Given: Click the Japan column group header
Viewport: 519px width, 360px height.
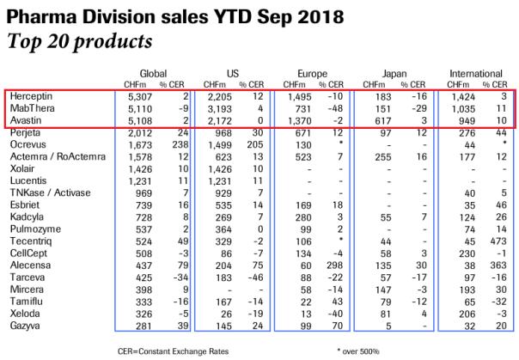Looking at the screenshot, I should pos(394,74).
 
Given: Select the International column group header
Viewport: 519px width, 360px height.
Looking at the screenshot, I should pos(477,74).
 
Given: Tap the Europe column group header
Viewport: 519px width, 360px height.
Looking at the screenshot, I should pos(314,74).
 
